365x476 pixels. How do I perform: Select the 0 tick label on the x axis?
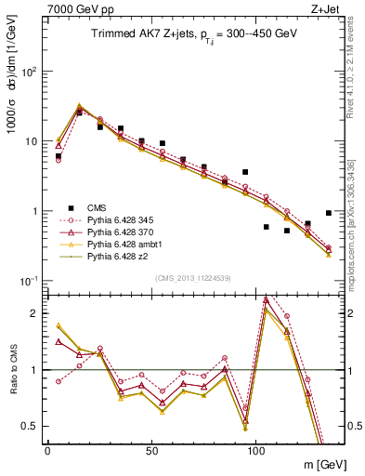(46, 448)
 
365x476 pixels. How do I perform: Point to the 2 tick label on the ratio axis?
(35, 313)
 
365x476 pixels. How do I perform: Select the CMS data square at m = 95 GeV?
(245, 172)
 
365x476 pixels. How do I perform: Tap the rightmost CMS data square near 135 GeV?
(329, 213)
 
